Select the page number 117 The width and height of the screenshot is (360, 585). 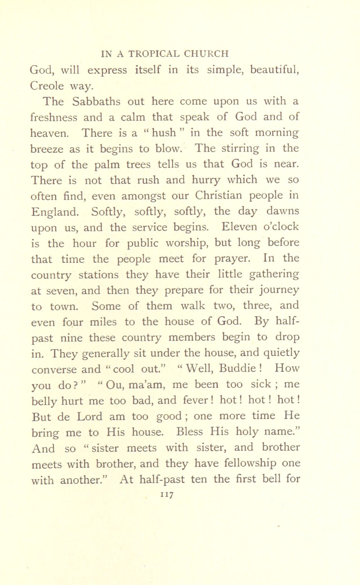[167, 495]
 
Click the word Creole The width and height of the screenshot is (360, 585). [47, 86]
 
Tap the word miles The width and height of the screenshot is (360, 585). [103, 322]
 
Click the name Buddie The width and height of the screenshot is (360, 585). [237, 369]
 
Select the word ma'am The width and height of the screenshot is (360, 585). [145, 385]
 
